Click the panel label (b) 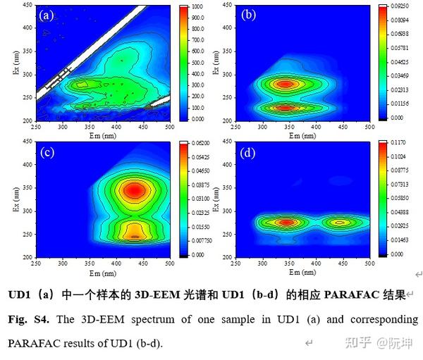click(x=248, y=15)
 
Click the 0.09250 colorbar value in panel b click(x=399, y=6)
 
